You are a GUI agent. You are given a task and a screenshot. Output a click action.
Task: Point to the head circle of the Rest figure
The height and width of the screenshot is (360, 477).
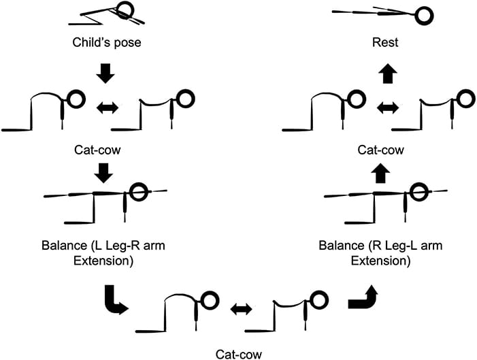[424, 14]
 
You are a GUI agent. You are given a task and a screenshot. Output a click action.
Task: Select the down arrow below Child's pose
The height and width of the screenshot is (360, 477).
[104, 73]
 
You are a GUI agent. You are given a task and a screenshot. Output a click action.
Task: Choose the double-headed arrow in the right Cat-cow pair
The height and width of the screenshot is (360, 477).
[388, 108]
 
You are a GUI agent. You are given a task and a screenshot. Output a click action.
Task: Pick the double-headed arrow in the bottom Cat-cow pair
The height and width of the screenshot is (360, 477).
[240, 309]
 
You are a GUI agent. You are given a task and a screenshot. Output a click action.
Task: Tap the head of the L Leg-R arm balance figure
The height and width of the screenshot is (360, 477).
[139, 193]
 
